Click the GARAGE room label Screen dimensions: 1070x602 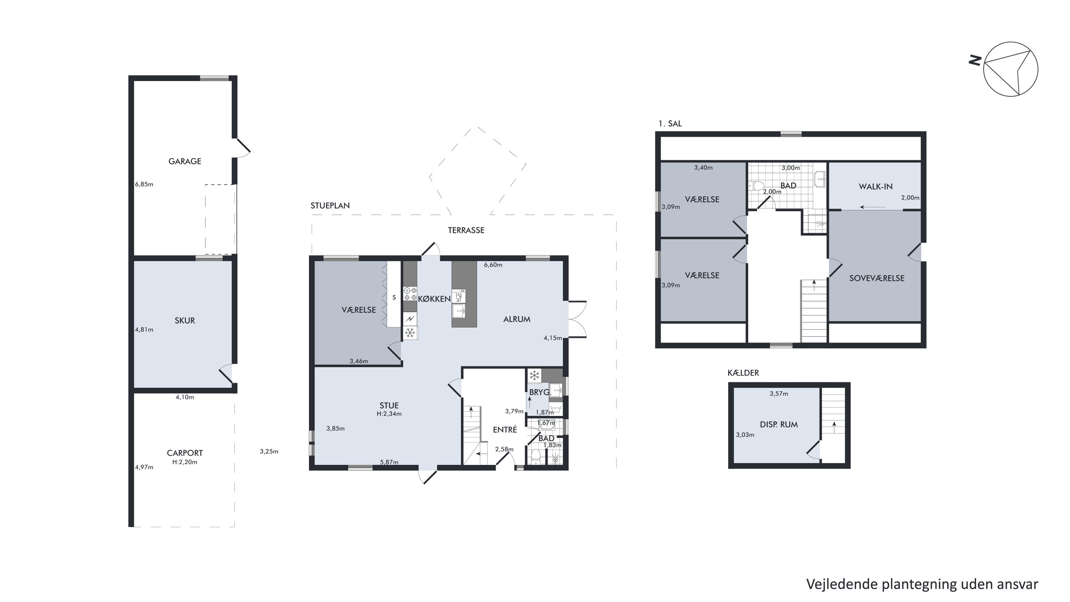pos(184,161)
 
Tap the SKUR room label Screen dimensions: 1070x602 pos(184,320)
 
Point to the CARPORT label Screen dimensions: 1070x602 pos(185,453)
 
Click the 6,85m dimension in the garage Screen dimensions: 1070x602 pos(144,184)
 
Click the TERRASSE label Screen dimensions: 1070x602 pos(466,230)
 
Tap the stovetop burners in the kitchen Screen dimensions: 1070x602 pos(410,294)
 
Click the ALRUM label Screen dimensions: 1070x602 pos(517,319)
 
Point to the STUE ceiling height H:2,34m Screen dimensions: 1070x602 pos(389,414)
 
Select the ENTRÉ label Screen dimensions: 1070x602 pos(505,430)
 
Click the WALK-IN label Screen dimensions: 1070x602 pos(876,187)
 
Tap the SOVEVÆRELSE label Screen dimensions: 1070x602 pos(877,278)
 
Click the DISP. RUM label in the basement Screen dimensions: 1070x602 pos(779,425)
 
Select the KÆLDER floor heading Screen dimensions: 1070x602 pos(743,373)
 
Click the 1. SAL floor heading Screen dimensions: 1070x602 pos(670,123)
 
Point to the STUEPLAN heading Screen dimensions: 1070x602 pos(330,205)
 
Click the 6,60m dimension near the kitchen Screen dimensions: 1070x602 pos(493,265)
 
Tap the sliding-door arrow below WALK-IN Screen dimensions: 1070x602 pos(873,207)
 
